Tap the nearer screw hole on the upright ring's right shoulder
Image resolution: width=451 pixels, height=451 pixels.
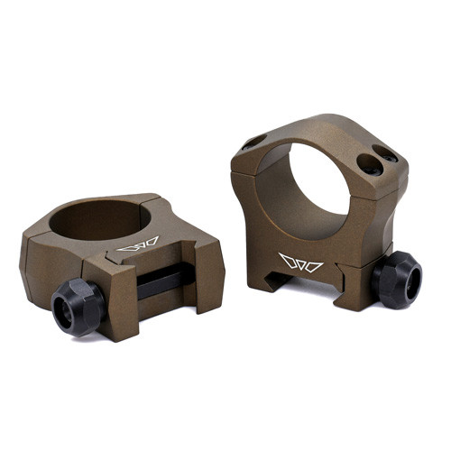pyautogui.click(x=370, y=164)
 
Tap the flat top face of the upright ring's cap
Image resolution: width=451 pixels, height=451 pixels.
pyautogui.click(x=320, y=126)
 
